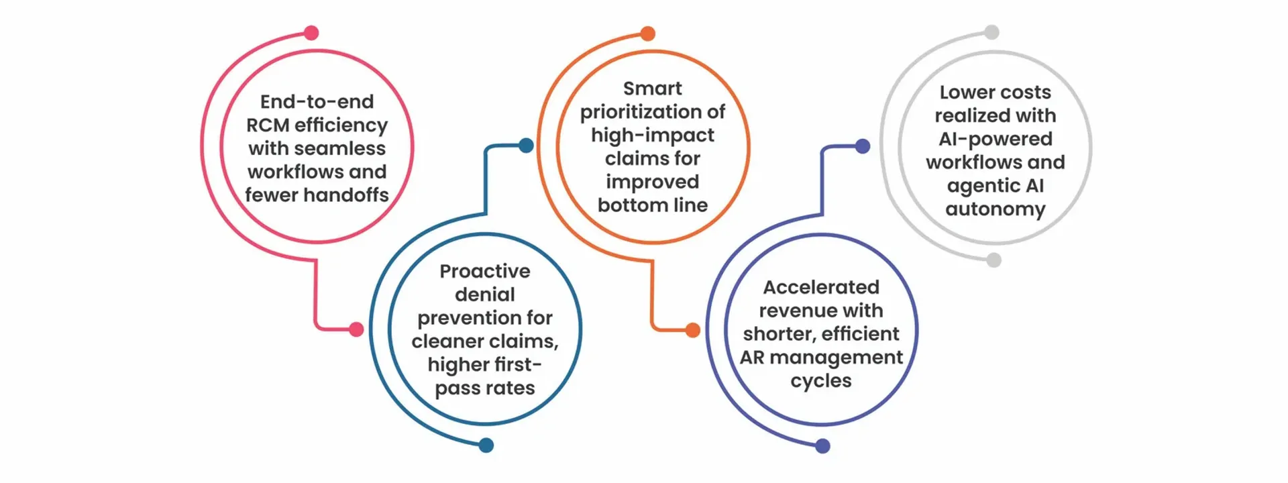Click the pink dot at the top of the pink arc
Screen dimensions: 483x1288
pyautogui.click(x=311, y=33)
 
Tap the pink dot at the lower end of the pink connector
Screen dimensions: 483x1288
pyautogui.click(x=356, y=329)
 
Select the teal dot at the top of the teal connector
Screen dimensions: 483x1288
pyautogui.click(x=527, y=146)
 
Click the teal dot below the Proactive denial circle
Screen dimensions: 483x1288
pyautogui.click(x=486, y=445)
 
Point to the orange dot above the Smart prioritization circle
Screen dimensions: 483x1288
pyautogui.click(x=647, y=34)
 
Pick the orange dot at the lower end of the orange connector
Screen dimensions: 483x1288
pyautogui.click(x=693, y=330)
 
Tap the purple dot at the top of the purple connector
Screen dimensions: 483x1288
pyautogui.click(x=863, y=146)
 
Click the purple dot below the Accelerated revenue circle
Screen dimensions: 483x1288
pyautogui.click(x=822, y=446)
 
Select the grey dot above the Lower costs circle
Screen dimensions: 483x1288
pyautogui.click(x=991, y=32)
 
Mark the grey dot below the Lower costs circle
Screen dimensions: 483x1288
pyautogui.click(x=994, y=260)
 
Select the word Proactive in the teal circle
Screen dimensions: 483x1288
pyautogui.click(x=484, y=271)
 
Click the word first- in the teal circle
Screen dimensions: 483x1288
pyautogui.click(x=513, y=364)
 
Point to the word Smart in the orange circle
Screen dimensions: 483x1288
pyautogui.click(x=652, y=89)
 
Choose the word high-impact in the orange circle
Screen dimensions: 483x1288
pyautogui.click(x=652, y=136)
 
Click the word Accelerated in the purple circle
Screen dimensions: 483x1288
pyautogui.click(x=820, y=287)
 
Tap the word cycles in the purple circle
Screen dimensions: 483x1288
pyautogui.click(x=820, y=381)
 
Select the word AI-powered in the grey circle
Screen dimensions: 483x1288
pyautogui.click(x=995, y=139)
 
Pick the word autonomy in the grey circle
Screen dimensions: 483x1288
pyautogui.click(x=995, y=209)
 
